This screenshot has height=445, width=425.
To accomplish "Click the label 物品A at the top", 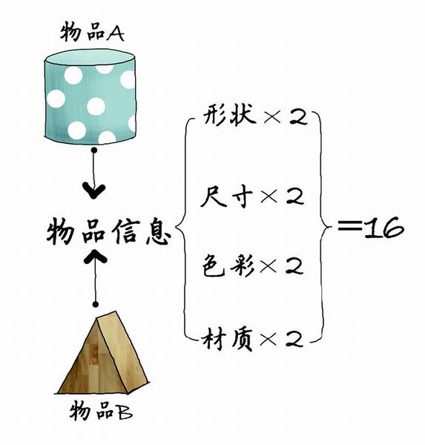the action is click(92, 32).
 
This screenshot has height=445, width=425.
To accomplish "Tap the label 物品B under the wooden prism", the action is click(101, 411).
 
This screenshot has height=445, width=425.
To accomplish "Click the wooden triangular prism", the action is click(102, 353).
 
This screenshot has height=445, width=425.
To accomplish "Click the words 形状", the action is click(229, 116).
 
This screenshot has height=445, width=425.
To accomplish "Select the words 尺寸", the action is click(226, 196).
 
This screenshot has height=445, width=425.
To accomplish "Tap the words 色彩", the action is click(228, 266).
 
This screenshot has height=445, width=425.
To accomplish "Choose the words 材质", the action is click(227, 339).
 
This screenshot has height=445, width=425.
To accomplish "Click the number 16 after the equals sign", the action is click(383, 228).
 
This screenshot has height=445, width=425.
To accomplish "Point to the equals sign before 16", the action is click(350, 225).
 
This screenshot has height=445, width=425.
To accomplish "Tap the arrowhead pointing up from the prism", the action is click(96, 256).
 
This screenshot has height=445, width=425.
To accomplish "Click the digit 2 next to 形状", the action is click(298, 117).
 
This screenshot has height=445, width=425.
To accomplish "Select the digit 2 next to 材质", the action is click(294, 339).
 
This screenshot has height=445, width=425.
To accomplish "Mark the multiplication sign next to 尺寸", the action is click(268, 196).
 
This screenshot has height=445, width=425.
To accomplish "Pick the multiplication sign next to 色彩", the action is click(268, 267).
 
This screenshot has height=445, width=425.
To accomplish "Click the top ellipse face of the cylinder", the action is click(90, 58).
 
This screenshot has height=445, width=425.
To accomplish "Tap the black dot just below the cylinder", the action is click(94, 150).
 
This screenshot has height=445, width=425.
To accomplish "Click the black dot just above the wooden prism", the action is click(96, 304).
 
